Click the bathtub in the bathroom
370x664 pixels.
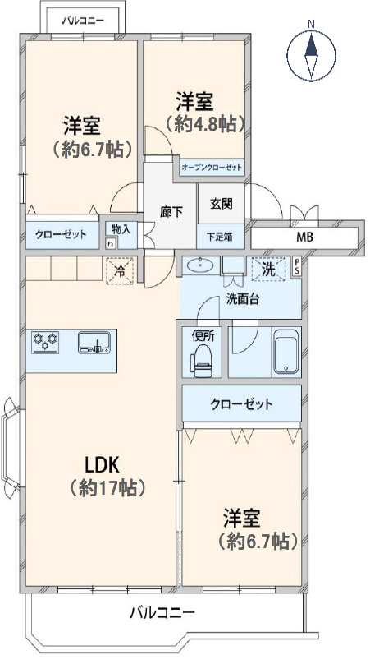[x=285, y=353]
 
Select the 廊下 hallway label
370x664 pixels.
[x=171, y=210]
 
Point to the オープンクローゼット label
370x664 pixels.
[x=212, y=168]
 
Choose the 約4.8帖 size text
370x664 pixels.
[x=206, y=124]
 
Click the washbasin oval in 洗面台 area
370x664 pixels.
[x=199, y=265]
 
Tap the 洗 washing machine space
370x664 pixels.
[x=268, y=267]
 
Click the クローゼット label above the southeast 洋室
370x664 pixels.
[x=241, y=404]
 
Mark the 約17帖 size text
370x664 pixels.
[x=107, y=488]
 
